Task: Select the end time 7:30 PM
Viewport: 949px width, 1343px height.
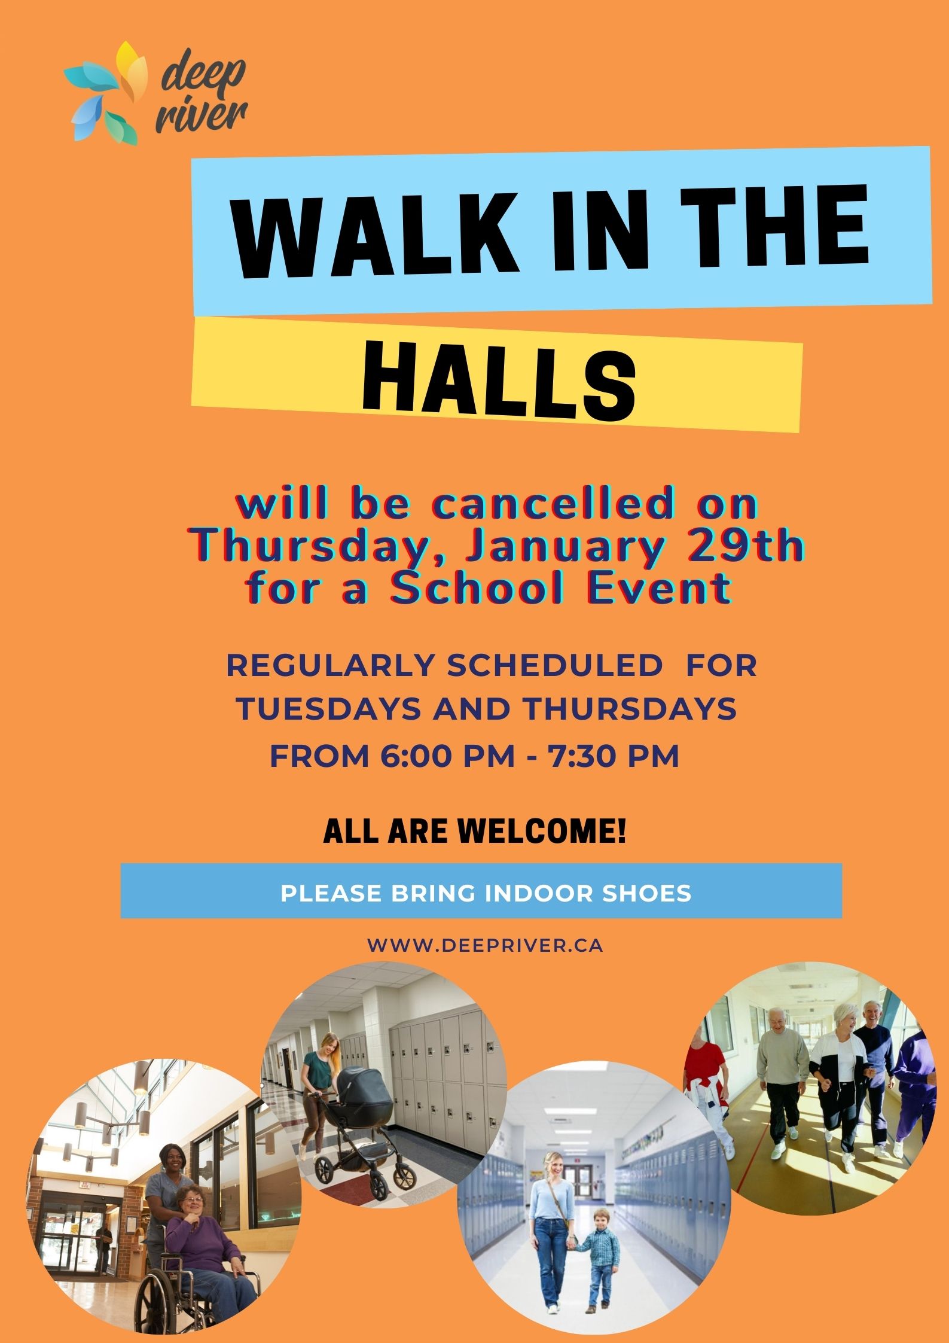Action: click(612, 756)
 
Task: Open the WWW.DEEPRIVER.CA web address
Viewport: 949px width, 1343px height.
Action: click(485, 945)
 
